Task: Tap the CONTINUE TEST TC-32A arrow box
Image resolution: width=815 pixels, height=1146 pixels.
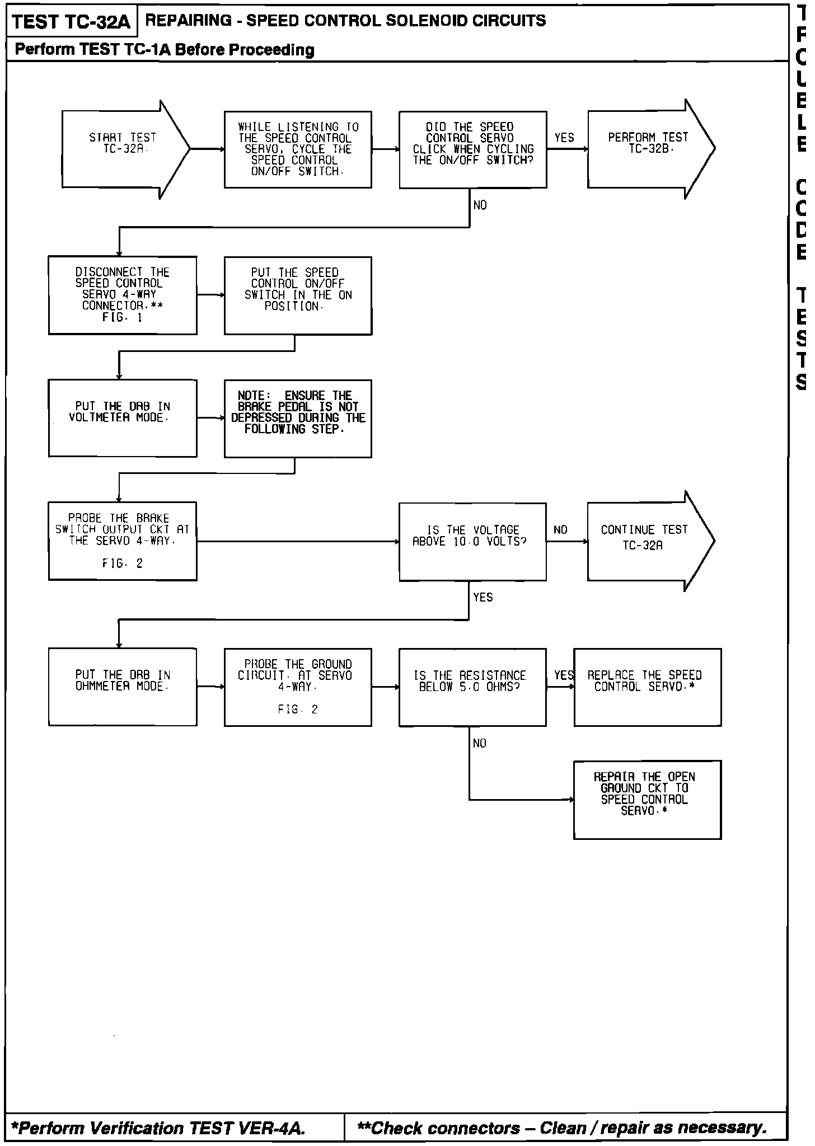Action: click(x=644, y=541)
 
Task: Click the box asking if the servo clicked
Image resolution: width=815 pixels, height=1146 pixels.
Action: click(x=472, y=149)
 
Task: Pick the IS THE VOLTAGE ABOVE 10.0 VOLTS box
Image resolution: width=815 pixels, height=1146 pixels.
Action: click(x=472, y=541)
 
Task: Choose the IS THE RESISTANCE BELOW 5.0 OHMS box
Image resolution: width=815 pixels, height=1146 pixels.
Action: click(x=472, y=687)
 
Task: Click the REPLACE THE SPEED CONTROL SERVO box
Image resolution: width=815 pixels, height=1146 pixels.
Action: click(x=647, y=687)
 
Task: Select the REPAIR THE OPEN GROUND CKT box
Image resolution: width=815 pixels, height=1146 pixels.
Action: click(x=647, y=799)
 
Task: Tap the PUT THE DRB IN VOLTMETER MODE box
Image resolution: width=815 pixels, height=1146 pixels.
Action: click(x=123, y=418)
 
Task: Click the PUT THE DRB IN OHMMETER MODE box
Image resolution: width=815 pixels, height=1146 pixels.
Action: click(x=123, y=687)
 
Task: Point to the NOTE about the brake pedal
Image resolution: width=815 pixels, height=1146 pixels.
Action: click(x=298, y=418)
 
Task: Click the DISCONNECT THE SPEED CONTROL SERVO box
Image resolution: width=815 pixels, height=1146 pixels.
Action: click(x=123, y=295)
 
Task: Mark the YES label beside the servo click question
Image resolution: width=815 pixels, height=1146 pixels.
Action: click(x=564, y=138)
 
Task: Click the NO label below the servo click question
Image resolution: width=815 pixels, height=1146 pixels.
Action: click(x=480, y=205)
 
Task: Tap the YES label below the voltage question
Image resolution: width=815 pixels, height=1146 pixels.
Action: click(x=483, y=598)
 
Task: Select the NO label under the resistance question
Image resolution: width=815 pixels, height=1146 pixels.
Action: click(x=479, y=743)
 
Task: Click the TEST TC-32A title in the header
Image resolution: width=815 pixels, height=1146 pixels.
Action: click(x=71, y=22)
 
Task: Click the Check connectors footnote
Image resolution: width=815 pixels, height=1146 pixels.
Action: click(x=562, y=1128)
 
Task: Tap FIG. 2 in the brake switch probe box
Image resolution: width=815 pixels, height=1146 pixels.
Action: click(x=123, y=563)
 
